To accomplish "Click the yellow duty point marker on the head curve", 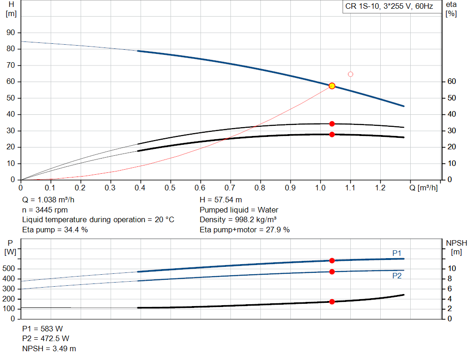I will pyautogui.click(x=332, y=86).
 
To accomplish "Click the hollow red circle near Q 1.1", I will pyautogui.click(x=350, y=74).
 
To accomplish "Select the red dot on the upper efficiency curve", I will pyautogui.click(x=332, y=124).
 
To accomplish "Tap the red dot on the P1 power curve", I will pyautogui.click(x=332, y=261).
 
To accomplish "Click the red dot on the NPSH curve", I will pyautogui.click(x=332, y=301).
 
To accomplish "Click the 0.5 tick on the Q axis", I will pyautogui.click(x=171, y=188).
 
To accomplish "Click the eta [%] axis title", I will pyautogui.click(x=451, y=9).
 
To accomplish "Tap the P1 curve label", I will pyautogui.click(x=397, y=253).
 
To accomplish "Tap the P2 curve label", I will pyautogui.click(x=397, y=276).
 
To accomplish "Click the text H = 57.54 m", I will pyautogui.click(x=221, y=200).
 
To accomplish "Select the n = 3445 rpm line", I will pyautogui.click(x=45, y=210).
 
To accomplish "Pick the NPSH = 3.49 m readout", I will pyautogui.click(x=49, y=348).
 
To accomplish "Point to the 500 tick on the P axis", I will pyautogui.click(x=10, y=269).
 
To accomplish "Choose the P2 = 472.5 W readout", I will pyautogui.click(x=46, y=339).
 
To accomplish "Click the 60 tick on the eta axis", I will pyautogui.click(x=452, y=82).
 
